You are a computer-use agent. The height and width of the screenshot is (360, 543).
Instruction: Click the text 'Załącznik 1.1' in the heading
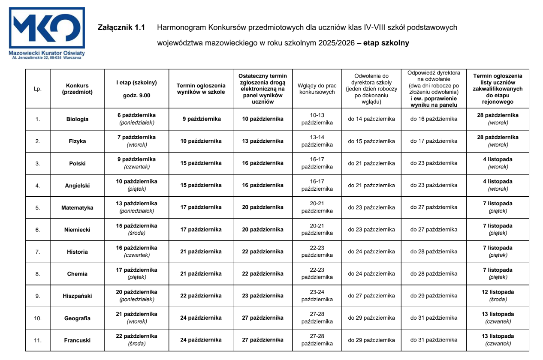(x=121, y=28)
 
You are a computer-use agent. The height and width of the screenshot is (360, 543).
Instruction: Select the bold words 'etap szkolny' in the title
(x=386, y=43)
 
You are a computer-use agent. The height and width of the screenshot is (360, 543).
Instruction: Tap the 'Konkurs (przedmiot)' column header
(x=77, y=88)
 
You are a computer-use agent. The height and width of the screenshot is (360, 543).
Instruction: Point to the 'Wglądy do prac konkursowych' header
(x=317, y=88)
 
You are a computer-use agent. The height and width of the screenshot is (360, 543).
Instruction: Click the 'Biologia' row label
(x=77, y=119)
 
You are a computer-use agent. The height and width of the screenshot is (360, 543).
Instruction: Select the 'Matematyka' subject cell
(x=77, y=208)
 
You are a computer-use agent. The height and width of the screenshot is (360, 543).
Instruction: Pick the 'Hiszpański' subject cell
(x=77, y=296)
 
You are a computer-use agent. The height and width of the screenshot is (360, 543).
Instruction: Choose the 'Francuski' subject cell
(x=77, y=340)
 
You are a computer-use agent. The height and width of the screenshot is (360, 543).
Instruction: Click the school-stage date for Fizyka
(x=136, y=141)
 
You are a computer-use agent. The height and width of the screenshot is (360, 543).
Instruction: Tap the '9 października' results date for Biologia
(x=201, y=119)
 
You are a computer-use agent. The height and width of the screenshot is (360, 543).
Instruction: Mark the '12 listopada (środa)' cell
(x=498, y=296)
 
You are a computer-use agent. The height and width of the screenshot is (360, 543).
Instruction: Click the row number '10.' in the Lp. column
(x=38, y=318)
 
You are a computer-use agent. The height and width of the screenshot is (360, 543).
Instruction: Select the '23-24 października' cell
(x=317, y=296)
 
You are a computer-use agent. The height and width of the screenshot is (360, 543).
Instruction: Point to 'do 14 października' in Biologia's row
(x=371, y=119)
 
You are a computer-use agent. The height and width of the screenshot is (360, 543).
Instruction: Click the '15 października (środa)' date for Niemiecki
(x=136, y=229)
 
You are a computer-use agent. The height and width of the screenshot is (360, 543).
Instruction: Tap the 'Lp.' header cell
(x=38, y=89)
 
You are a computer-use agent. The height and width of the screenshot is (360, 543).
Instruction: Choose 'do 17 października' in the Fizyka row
(x=434, y=141)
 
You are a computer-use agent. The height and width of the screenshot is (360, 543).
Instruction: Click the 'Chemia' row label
(x=77, y=274)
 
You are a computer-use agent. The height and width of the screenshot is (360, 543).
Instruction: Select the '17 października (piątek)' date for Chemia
(x=136, y=273)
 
